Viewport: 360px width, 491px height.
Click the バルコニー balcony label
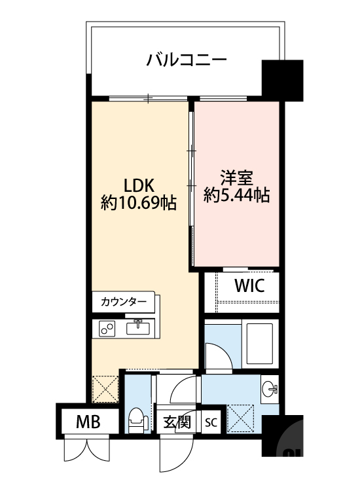(187, 61)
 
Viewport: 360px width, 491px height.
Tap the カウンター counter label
(124, 302)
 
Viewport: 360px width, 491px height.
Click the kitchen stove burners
(107, 329)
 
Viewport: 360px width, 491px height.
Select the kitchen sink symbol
(139, 327)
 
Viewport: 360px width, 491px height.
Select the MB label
(88, 422)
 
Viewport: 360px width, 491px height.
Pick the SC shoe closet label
(211, 422)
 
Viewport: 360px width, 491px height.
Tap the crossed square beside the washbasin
(240, 418)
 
